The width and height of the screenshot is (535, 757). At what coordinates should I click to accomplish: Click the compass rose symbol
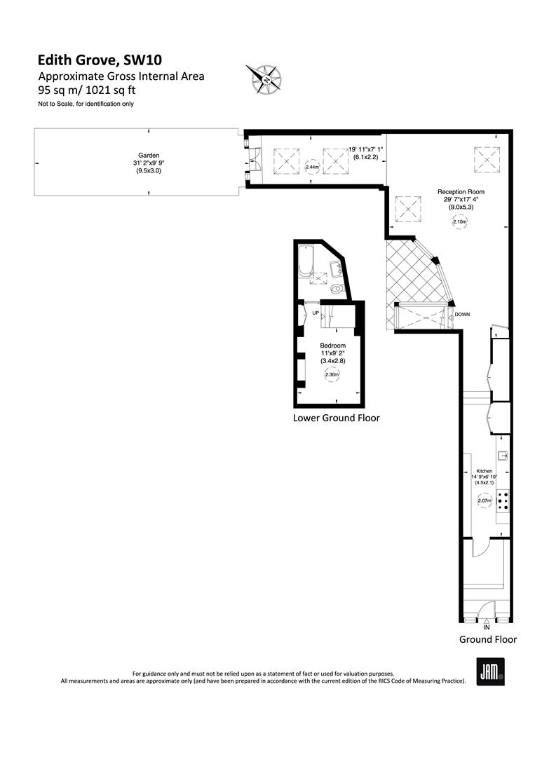[x=264, y=79]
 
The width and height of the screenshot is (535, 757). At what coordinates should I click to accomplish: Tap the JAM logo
[x=491, y=671]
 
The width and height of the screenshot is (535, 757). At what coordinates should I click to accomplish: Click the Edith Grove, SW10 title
[x=100, y=60]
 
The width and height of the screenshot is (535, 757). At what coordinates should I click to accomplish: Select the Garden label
[x=148, y=156]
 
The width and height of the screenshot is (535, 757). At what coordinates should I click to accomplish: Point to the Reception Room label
[x=461, y=191]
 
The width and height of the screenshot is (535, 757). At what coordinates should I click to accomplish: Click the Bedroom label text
[x=332, y=346]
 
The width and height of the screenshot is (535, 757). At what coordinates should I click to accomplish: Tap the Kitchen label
[x=485, y=471]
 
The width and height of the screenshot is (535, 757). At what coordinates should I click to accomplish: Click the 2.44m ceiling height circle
[x=313, y=167]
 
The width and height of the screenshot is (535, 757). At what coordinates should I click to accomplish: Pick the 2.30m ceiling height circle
[x=332, y=374]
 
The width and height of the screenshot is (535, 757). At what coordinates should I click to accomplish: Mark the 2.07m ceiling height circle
[x=485, y=500]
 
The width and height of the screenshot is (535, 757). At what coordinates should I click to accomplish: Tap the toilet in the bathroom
[x=337, y=289]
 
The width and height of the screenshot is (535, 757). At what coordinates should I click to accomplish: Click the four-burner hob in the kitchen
[x=503, y=500]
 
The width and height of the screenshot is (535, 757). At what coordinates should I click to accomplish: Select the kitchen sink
[x=503, y=456]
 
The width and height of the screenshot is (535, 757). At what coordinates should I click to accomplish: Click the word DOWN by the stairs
[x=462, y=315]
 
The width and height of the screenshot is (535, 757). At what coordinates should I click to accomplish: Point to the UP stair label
[x=316, y=313]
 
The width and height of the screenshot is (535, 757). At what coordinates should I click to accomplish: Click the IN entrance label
[x=486, y=627]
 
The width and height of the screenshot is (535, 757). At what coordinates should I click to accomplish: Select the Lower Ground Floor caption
[x=337, y=418]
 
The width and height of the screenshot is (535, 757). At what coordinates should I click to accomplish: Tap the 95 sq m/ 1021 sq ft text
[x=87, y=90]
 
